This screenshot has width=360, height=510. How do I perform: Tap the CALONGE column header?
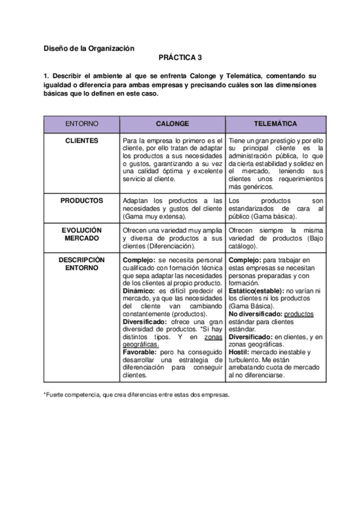[172, 123]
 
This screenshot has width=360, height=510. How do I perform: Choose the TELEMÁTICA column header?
[275, 123]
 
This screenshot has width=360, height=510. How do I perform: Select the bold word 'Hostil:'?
[240, 352]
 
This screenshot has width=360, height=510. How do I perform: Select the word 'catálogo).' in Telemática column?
[243, 246]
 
